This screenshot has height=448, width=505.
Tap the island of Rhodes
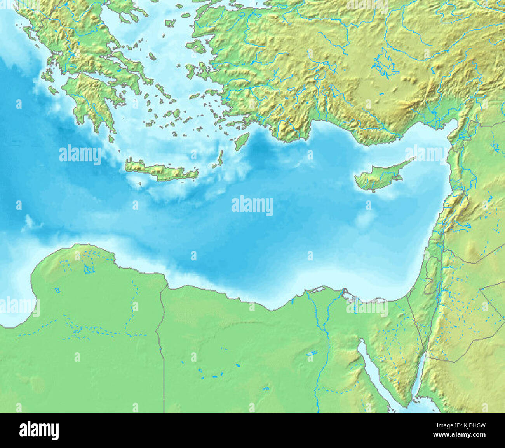coord(242,141)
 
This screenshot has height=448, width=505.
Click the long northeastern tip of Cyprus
coord(408,161)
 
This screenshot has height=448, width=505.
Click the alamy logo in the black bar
coord(39,430)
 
